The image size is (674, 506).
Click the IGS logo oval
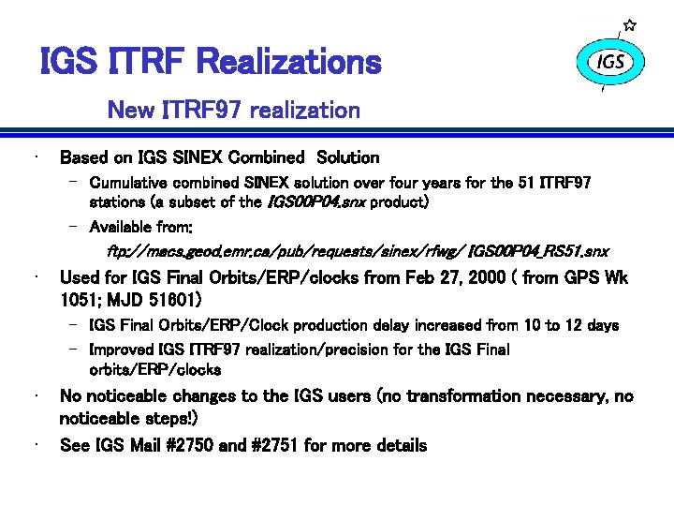609,62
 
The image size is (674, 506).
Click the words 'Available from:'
141,227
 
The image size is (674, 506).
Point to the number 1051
81,300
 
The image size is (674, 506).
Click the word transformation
481,396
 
